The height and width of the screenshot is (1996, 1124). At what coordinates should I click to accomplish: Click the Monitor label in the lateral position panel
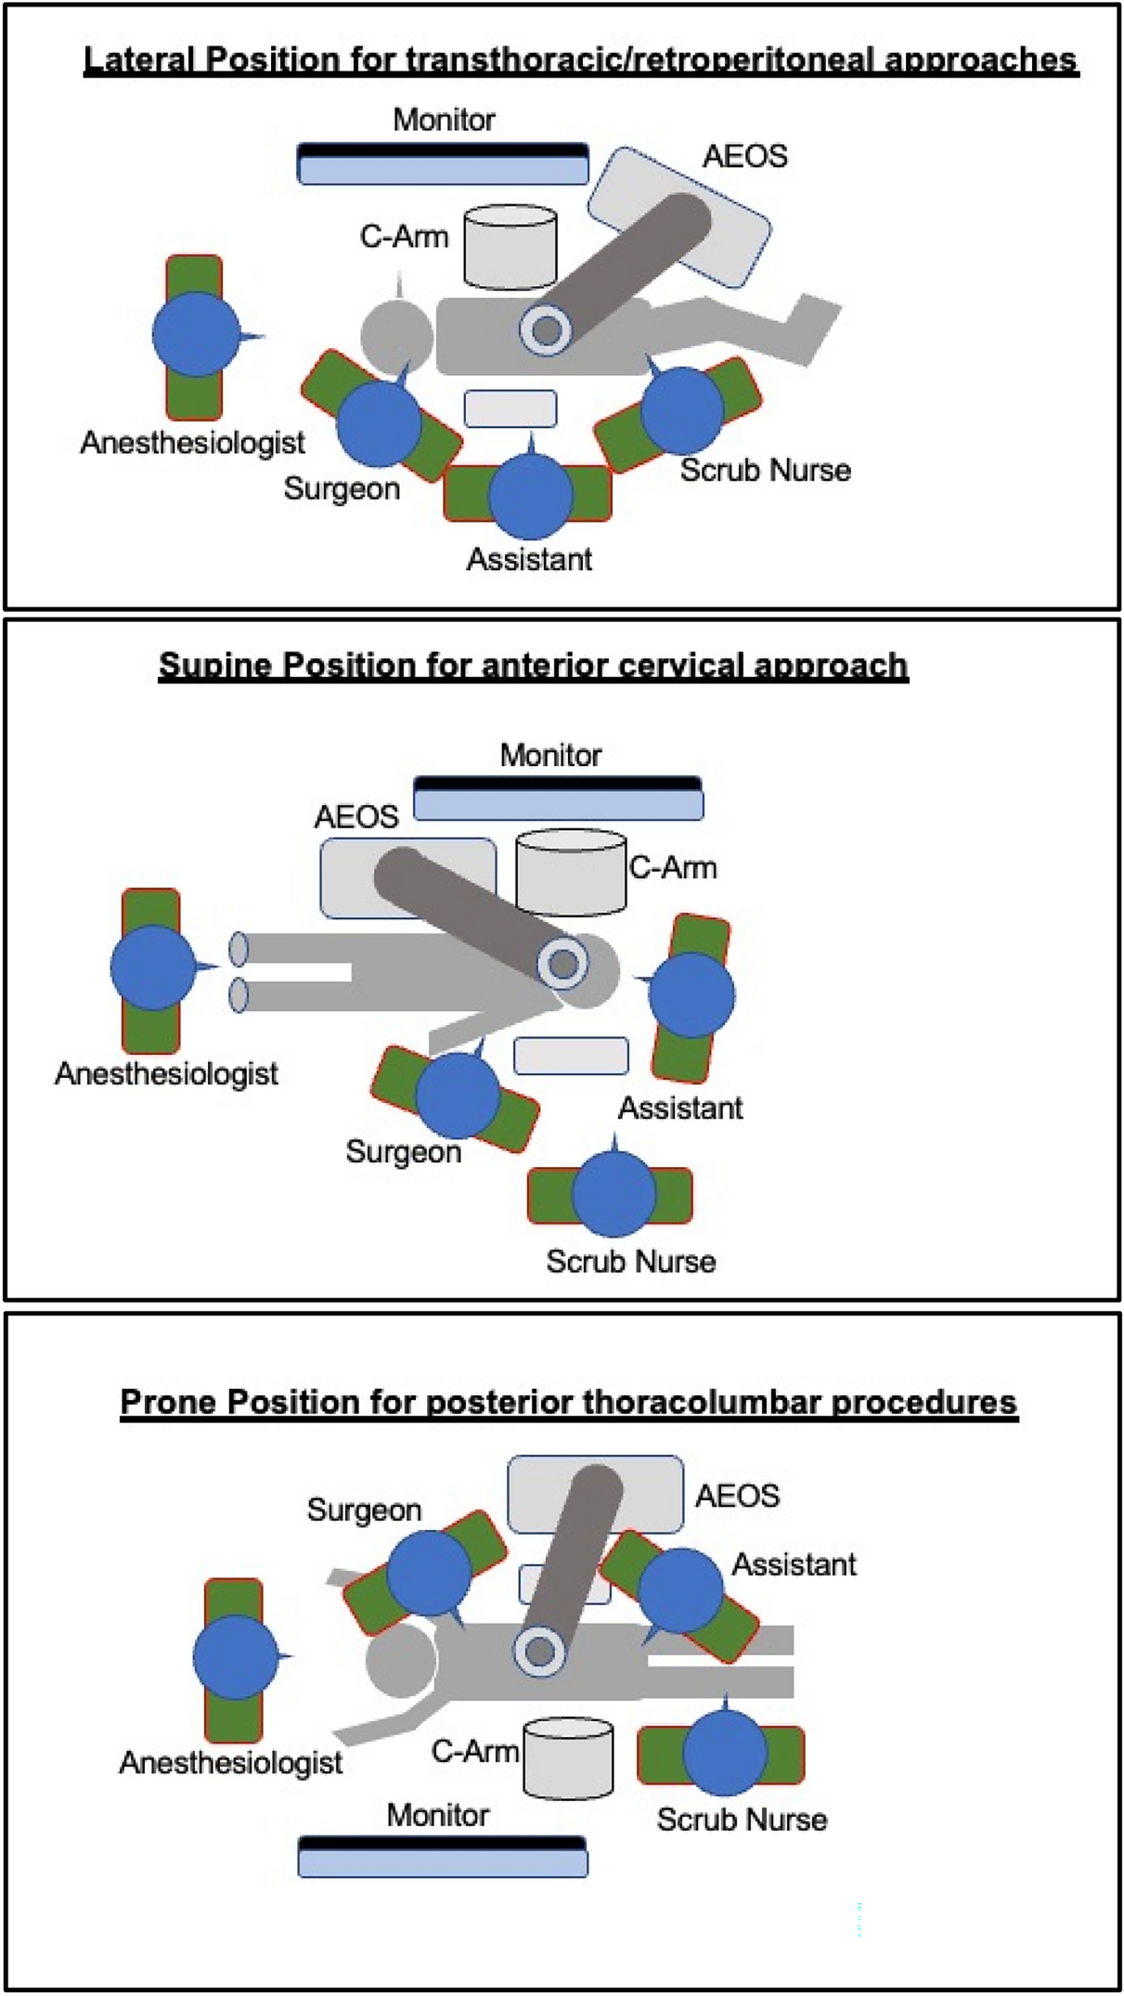(444, 120)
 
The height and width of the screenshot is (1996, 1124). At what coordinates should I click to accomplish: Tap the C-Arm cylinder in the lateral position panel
(510, 247)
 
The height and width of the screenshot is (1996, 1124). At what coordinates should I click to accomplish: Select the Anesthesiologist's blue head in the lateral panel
(196, 334)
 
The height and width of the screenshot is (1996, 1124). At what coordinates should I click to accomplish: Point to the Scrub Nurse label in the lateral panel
(765, 471)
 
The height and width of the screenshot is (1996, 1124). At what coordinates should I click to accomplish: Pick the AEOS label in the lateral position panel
(744, 156)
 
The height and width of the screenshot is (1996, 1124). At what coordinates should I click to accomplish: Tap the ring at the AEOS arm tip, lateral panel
(546, 330)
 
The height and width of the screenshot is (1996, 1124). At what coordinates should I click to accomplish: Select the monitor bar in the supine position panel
(558, 798)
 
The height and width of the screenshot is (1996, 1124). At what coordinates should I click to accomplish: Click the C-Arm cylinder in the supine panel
(571, 873)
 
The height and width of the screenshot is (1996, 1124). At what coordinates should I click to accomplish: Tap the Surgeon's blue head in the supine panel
(459, 1095)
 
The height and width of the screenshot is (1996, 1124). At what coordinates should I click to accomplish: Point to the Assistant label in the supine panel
(680, 1108)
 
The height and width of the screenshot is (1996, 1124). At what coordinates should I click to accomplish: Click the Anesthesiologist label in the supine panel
(166, 1074)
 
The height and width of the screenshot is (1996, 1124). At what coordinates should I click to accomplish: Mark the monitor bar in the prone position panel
(443, 1857)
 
